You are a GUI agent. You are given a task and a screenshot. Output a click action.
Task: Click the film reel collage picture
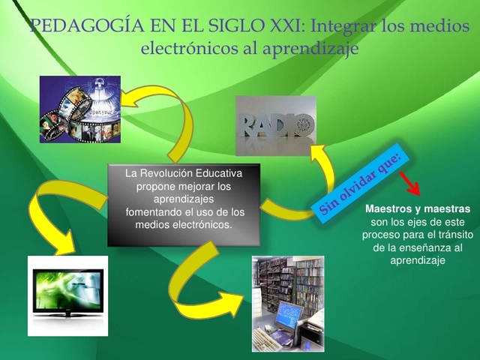click(x=79, y=109)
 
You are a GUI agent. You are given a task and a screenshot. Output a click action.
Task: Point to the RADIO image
click(x=275, y=125)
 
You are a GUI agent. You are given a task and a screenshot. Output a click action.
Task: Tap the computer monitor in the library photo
click(x=288, y=315)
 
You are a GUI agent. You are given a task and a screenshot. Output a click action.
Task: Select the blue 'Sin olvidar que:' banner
click(x=361, y=183)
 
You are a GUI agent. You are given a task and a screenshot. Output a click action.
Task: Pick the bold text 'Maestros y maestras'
click(x=417, y=208)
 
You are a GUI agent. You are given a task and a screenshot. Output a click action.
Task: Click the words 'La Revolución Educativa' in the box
click(x=183, y=173)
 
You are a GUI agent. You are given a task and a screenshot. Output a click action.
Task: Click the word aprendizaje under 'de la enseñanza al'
click(x=418, y=260)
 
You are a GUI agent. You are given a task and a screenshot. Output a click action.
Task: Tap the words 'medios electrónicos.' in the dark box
click(x=183, y=224)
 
